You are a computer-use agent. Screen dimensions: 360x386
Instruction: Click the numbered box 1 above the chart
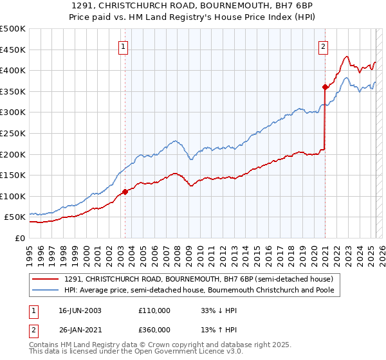click(x=122, y=46)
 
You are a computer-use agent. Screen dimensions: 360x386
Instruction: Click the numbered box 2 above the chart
click(x=322, y=46)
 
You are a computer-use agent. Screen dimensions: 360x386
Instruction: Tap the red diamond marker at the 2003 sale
click(x=125, y=192)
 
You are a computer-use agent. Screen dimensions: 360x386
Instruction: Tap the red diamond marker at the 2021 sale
click(x=325, y=87)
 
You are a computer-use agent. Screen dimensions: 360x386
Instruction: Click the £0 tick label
click(x=21, y=238)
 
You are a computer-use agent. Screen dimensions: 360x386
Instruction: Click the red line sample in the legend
click(x=46, y=279)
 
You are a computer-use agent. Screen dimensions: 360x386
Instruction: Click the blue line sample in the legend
click(x=46, y=290)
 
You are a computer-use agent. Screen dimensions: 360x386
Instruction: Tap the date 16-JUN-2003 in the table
click(x=80, y=310)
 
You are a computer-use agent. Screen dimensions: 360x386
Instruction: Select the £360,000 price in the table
click(x=154, y=330)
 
